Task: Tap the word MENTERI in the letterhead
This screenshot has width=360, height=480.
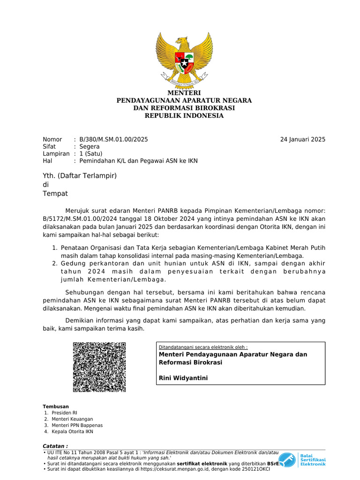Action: (x=184, y=93)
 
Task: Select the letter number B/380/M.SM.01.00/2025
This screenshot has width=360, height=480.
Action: (x=113, y=139)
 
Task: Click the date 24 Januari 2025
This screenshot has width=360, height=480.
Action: (x=302, y=139)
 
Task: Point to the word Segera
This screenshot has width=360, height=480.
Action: (x=90, y=146)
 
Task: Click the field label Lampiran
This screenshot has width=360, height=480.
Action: (x=56, y=153)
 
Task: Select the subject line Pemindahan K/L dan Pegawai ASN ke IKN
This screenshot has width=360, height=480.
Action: (x=139, y=161)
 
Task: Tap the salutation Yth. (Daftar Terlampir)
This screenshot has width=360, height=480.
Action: (x=79, y=176)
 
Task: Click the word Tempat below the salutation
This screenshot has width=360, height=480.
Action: (x=55, y=194)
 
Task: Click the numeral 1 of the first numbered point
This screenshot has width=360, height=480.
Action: (x=54, y=247)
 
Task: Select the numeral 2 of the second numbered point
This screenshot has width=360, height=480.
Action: (x=54, y=264)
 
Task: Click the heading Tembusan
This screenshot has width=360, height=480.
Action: (x=56, y=406)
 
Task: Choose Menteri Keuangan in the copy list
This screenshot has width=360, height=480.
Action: (x=72, y=419)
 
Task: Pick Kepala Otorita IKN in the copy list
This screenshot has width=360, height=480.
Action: (x=73, y=431)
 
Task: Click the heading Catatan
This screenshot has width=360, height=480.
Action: (x=55, y=445)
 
